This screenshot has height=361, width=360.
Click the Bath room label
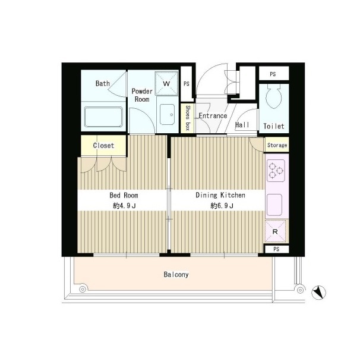[x=103, y=83]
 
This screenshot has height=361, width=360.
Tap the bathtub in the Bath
[x=103, y=117]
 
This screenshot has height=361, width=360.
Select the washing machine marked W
[x=167, y=84]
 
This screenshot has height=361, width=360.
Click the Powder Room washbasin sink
[x=168, y=115]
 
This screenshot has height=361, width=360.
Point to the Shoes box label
[x=188, y=118]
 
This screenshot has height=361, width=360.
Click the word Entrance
[x=213, y=115]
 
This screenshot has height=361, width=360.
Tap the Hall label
[x=242, y=125]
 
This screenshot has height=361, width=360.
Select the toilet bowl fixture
[x=274, y=95]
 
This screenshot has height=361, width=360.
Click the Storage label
[x=277, y=145]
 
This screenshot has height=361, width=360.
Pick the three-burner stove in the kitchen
[x=276, y=171]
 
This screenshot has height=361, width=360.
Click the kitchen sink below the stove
[x=274, y=205]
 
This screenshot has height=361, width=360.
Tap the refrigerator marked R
[x=276, y=231]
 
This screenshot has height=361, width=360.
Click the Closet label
[x=103, y=146]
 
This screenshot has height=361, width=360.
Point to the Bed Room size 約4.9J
[x=124, y=206]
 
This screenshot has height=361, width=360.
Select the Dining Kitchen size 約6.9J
[x=222, y=206]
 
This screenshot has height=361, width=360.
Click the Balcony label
[x=176, y=274]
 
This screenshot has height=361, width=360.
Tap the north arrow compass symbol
[x=318, y=293]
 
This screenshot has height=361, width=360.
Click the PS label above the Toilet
[x=273, y=74]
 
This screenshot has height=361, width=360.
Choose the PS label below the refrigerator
[x=276, y=249]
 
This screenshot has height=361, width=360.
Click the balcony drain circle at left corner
[x=83, y=289]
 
